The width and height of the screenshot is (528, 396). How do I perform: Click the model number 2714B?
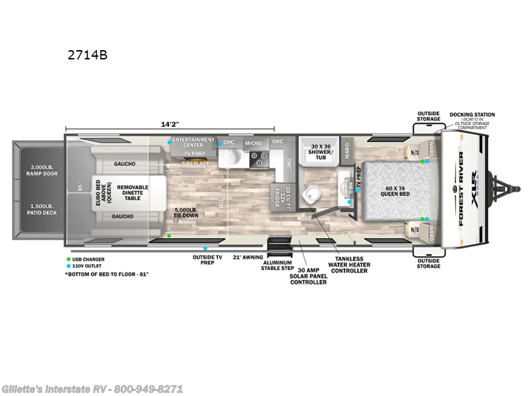coord(86,55)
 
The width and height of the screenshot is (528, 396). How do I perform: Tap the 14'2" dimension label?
coord(170,123)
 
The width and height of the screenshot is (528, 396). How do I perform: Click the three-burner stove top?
coord(257,157)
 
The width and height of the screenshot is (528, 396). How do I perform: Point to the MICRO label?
coord(253,142)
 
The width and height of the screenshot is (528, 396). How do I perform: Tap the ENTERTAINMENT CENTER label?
coord(193,142)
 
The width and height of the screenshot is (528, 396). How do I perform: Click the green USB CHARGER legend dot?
coord(68,259)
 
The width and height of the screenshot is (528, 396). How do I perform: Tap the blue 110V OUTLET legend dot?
coord(68,266)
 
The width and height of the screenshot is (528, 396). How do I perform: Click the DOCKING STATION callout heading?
coord(472,114)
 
